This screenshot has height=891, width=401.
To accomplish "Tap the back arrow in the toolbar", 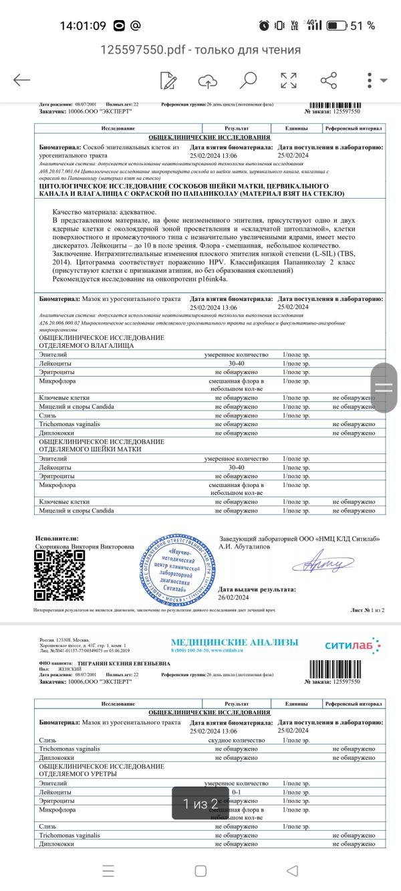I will coord(21,80).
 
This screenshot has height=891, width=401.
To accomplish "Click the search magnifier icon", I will coord(249,81).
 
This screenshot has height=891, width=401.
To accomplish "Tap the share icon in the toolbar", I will coord(328,81).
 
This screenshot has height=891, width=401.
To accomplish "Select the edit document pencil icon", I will coord(168,81).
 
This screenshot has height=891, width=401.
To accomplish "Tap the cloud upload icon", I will coord(208,81).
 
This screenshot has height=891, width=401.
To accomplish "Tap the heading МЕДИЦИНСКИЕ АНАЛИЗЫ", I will coord(235,642).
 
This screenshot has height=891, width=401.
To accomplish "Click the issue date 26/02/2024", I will coord(234,597).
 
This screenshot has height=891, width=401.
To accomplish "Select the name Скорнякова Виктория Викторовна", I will coord(84,547).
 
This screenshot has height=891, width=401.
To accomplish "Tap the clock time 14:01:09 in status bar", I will coord(83,25).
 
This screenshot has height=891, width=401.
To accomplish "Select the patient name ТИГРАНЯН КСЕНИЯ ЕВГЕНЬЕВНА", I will coord(124,664).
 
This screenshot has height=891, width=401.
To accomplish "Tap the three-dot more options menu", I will coord(369,81).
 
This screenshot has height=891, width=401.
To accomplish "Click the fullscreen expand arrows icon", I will coord(289,81).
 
